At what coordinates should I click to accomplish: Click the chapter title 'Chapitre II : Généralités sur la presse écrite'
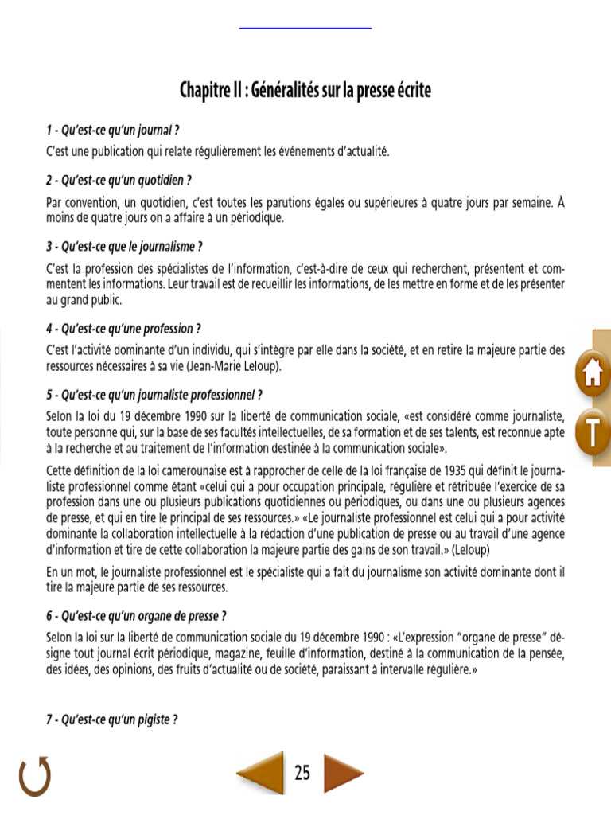click(305, 91)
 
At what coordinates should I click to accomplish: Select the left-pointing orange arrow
click(262, 773)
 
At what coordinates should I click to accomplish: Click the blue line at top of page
click(305, 29)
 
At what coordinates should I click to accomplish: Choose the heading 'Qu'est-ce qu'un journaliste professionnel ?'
click(154, 394)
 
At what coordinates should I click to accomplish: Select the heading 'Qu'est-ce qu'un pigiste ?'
click(111, 719)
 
